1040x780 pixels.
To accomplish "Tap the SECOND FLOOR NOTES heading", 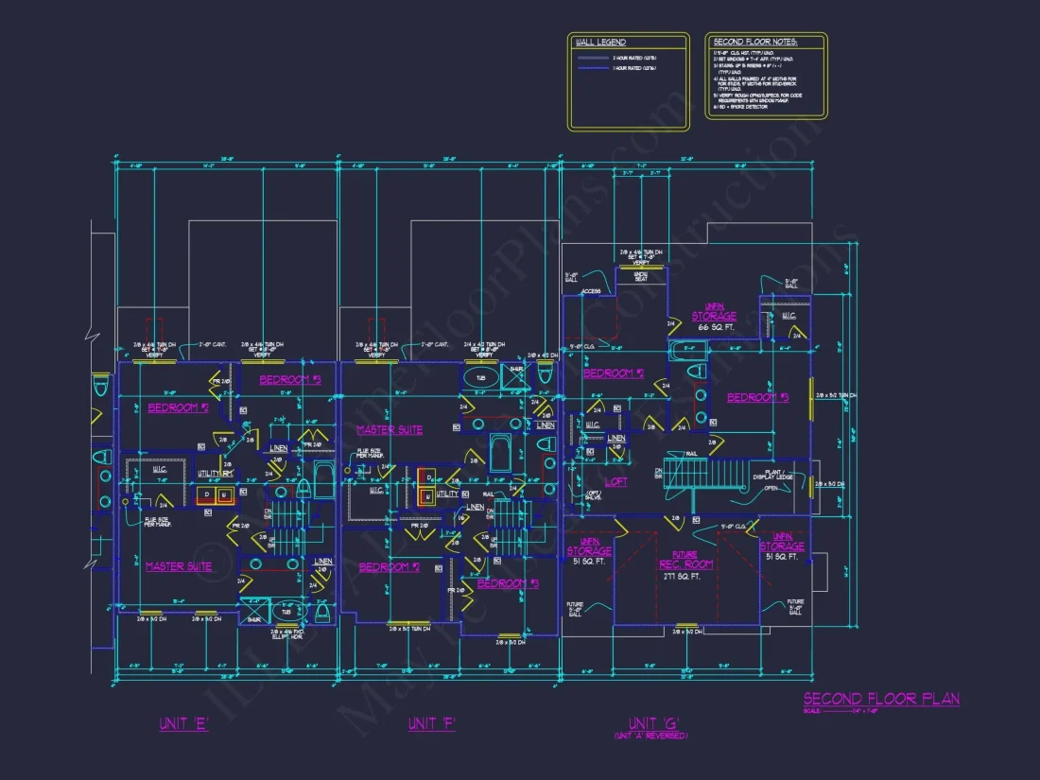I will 754,43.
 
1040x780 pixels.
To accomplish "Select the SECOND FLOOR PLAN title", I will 881,700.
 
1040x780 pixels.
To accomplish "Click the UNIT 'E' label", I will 184,724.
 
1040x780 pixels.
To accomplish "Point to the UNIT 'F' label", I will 432,724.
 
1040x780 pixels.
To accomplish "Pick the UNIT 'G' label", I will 650,723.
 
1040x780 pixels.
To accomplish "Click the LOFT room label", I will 616,481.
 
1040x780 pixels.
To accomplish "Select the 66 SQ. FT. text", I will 716,327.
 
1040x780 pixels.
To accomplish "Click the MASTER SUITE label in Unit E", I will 179,566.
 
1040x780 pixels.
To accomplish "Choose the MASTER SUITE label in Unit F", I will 390,430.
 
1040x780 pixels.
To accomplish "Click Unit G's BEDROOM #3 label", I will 757,398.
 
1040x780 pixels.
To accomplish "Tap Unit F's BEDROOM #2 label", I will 390,567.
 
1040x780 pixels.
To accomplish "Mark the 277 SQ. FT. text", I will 685,575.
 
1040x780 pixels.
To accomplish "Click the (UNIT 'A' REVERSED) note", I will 650,736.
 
